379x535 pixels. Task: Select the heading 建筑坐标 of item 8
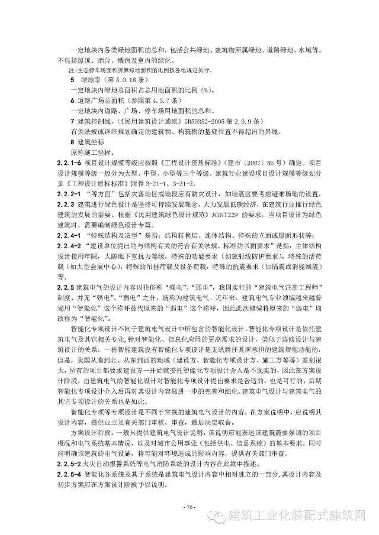89,142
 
